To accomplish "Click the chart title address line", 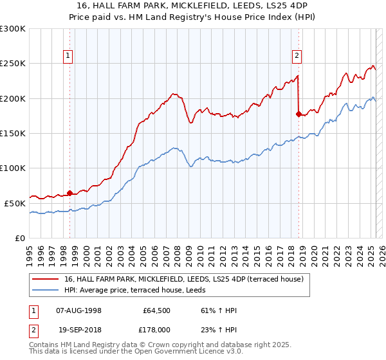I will pos(192,5).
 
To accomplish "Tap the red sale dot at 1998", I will pos(69,192).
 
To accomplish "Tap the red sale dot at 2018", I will pos(299,114).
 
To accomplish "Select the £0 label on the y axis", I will pos(19,238).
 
